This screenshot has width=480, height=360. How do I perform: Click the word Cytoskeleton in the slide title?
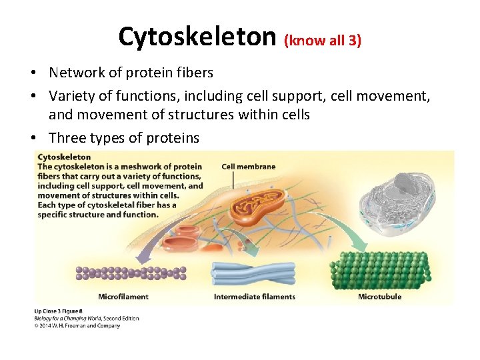[197, 37]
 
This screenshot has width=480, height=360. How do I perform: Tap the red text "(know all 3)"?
[323, 40]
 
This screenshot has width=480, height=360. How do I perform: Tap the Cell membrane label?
[248, 167]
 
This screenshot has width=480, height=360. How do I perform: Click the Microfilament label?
[123, 296]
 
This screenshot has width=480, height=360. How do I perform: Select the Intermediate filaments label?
[254, 296]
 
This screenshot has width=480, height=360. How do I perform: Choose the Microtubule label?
[379, 296]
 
